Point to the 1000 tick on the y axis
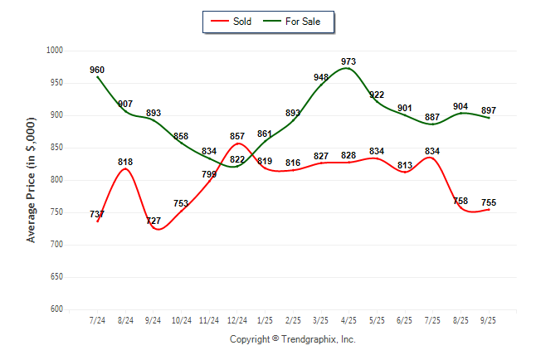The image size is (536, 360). point(56,51)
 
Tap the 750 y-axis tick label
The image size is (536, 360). point(58,212)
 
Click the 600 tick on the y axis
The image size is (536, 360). point(58,309)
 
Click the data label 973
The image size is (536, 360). point(348,61)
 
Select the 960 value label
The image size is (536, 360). point(97,70)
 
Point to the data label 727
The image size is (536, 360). point(153,221)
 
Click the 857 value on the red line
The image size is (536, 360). point(237,136)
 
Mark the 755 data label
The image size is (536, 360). point(489,202)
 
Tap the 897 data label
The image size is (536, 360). point(489,110)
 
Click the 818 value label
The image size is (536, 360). point(125,162)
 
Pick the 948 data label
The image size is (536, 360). point(321,77)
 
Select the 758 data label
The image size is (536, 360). point(460,201)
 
